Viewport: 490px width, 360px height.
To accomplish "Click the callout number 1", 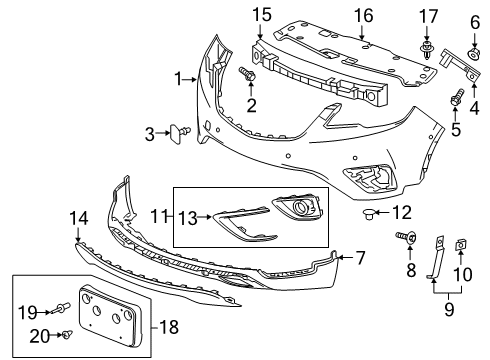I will click(x=179, y=78).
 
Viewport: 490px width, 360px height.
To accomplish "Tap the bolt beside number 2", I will click(x=245, y=73).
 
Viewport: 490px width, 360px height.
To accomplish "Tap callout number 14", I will click(x=78, y=217).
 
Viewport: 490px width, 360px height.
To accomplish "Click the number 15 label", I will click(x=262, y=14).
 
